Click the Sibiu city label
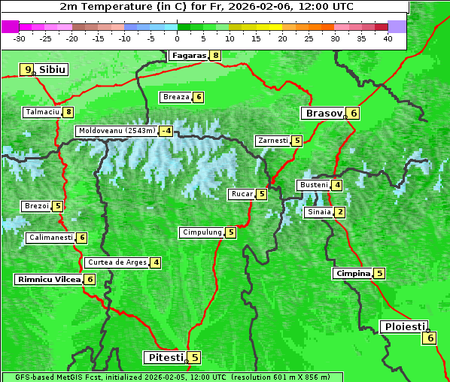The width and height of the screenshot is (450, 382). (53, 69)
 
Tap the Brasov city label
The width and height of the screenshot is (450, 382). (322, 114)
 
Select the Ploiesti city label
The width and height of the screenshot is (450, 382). (404, 326)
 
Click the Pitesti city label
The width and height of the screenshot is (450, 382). (163, 357)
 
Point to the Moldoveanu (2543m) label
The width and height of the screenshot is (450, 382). (117, 131)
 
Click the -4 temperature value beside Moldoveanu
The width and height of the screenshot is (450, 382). (166, 131)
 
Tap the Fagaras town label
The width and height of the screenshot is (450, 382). (188, 55)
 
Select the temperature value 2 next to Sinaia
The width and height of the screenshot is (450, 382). (340, 212)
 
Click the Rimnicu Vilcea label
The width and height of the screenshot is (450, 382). (47, 279)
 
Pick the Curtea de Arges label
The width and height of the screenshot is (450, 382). (115, 262)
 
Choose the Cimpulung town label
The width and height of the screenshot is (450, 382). (201, 232)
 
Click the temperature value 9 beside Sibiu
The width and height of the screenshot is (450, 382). (28, 70)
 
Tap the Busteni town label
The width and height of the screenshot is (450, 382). (313, 185)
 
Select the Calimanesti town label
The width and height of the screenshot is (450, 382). (50, 238)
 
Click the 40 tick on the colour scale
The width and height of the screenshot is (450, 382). (388, 38)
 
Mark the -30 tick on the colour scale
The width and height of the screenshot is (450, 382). (20, 38)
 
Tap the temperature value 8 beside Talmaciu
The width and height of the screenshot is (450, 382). (68, 112)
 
